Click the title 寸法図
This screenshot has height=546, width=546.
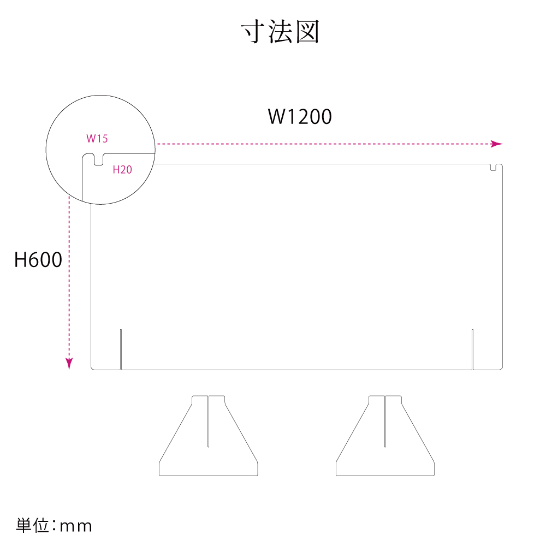(x=280, y=33)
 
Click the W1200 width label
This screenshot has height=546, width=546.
(x=300, y=116)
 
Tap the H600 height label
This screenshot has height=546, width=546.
(x=38, y=260)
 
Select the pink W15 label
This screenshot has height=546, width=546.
(x=97, y=139)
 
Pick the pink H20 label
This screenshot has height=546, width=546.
(x=122, y=170)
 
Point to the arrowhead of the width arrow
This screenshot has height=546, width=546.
(x=497, y=144)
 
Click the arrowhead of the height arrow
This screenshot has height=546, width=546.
(x=69, y=364)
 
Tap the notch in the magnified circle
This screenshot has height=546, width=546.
(x=98, y=160)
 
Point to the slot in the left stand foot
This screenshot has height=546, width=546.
(x=208, y=420)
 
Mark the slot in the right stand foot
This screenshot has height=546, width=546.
(x=385, y=420)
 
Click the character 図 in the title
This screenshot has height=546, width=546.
(x=307, y=33)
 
